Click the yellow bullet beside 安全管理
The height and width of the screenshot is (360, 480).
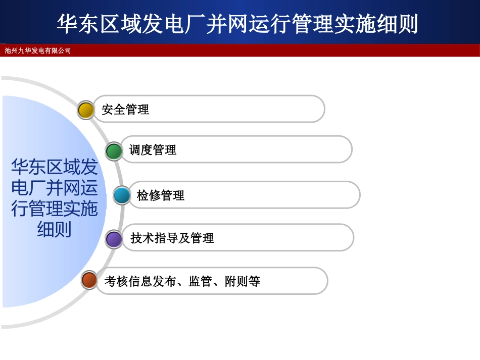(86, 110)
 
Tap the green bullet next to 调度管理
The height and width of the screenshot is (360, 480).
(114, 150)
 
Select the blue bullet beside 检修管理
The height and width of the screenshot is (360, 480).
(122, 195)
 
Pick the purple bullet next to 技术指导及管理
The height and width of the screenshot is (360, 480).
(114, 238)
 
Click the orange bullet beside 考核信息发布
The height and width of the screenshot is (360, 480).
(89, 280)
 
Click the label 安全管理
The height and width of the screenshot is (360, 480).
(125, 110)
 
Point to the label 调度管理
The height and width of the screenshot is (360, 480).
(153, 150)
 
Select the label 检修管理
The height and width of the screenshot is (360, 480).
(161, 195)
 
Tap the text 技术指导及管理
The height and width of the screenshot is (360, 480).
(172, 238)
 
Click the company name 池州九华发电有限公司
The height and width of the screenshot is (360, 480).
(38, 50)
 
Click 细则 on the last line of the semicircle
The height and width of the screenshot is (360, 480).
(54, 230)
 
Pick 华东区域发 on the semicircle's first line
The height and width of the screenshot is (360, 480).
(54, 166)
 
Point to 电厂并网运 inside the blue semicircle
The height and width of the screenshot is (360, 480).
(54, 187)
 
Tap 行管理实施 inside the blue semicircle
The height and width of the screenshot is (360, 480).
(54, 209)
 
